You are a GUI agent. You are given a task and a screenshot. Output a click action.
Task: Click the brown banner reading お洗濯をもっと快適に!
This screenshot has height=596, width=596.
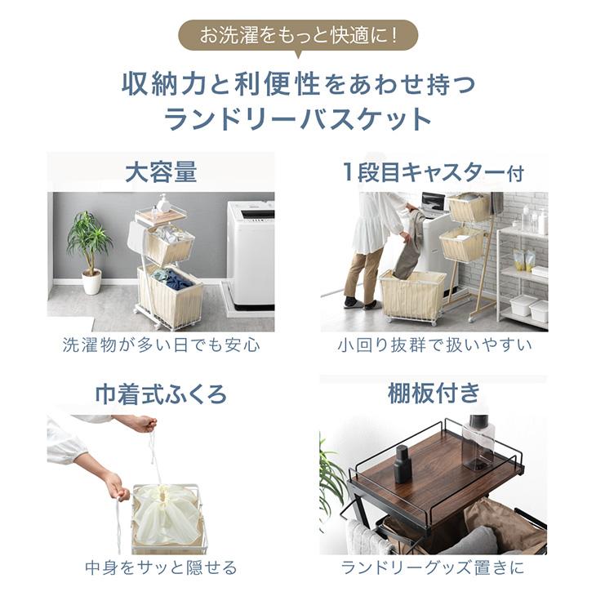tap(297, 36)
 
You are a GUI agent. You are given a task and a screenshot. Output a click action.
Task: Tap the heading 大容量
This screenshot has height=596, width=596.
tap(161, 171)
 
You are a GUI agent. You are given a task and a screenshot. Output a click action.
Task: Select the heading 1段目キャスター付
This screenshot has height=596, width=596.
tap(433, 172)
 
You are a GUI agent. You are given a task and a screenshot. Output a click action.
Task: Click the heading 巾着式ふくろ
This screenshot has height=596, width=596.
tap(161, 395)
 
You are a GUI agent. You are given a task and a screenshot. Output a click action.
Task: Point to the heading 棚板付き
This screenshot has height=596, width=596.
tap(434, 395)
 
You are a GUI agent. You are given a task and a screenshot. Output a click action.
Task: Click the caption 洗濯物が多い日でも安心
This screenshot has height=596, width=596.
tap(161, 345)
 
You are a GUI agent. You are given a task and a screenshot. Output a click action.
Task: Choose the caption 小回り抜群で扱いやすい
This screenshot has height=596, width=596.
tap(434, 345)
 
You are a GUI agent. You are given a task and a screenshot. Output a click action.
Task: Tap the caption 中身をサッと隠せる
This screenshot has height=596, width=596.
tap(161, 567)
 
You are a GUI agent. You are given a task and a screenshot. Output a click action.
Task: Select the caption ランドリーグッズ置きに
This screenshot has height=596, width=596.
tap(434, 567)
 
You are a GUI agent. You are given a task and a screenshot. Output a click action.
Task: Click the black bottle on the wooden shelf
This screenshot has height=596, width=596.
tap(402, 464)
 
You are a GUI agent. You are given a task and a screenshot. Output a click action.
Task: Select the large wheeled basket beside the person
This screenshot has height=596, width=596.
tap(412, 296)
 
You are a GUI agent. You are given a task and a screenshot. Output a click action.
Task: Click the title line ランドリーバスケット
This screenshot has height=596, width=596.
tap(297, 120)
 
